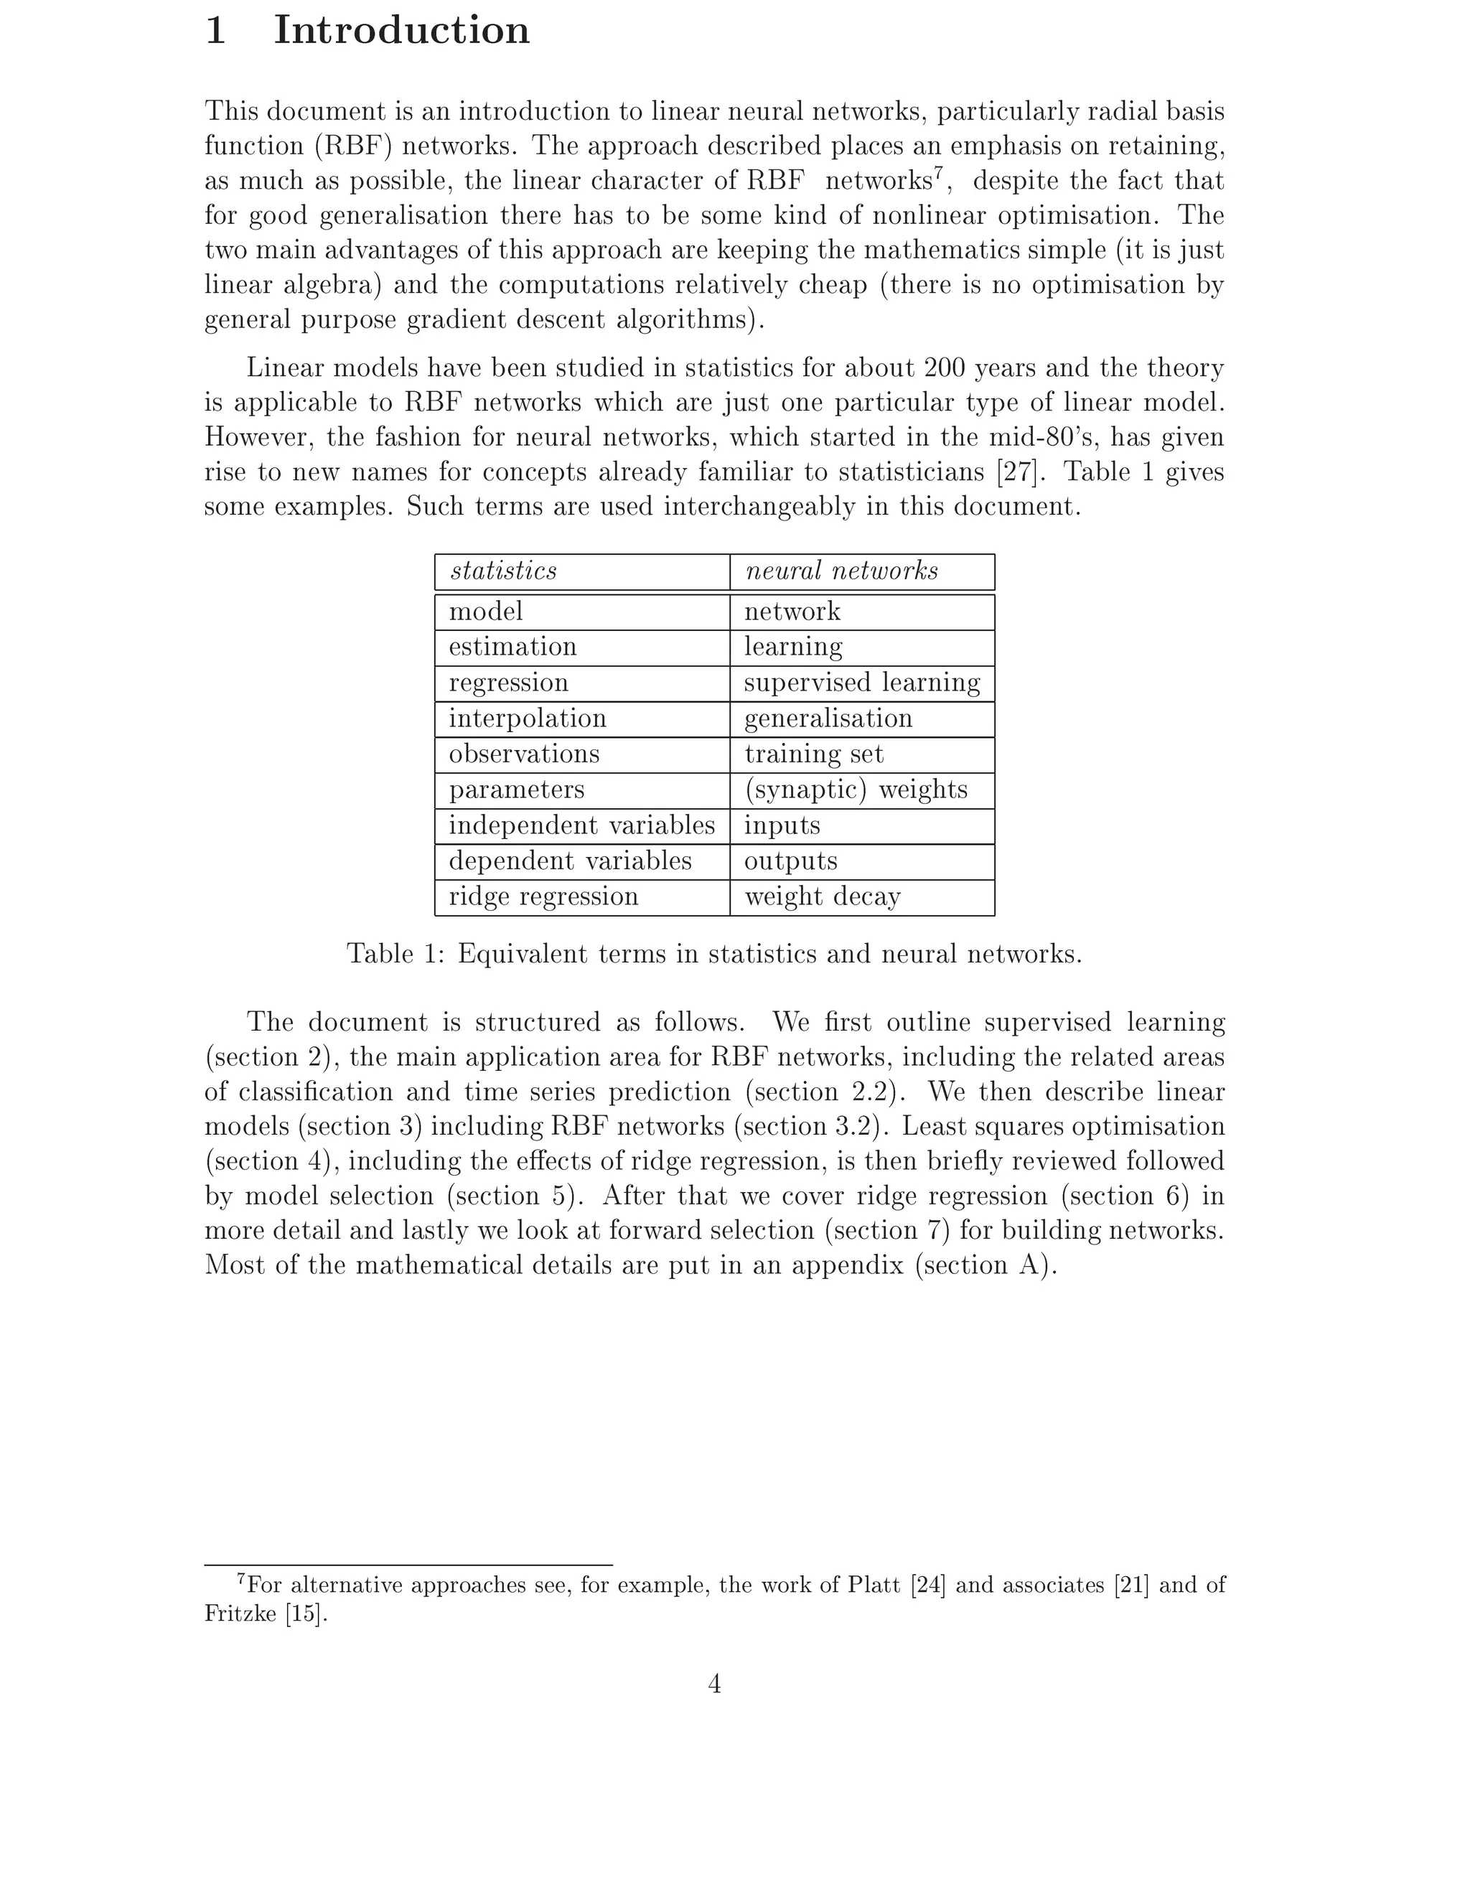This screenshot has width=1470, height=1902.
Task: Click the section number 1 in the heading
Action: coord(216,32)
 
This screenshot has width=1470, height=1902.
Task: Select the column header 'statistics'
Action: coord(503,571)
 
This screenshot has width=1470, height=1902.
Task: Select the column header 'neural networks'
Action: coord(841,571)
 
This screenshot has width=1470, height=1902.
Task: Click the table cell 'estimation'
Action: coord(513,647)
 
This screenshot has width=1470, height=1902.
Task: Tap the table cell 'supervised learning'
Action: coord(862,683)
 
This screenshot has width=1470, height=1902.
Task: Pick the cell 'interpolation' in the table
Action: coord(528,718)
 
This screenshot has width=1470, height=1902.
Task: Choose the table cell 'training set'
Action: coord(814,754)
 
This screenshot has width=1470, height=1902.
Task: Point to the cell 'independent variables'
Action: coord(581,825)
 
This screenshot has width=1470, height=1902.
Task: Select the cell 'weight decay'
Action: coord(822,897)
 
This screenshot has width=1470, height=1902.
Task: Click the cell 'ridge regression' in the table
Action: coord(543,897)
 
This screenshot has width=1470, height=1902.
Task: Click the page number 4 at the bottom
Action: coord(714,1685)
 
